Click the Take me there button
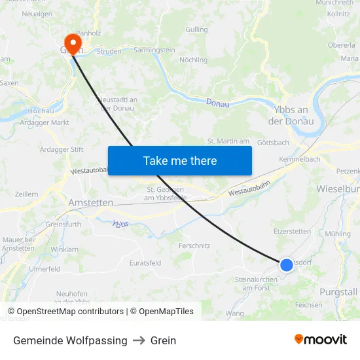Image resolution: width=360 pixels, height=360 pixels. (x=180, y=160)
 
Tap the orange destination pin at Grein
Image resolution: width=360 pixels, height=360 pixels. (x=71, y=45)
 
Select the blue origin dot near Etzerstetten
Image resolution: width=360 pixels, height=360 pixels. (x=287, y=264)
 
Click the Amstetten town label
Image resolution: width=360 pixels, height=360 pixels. (x=91, y=203)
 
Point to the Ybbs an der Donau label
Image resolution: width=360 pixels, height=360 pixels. (x=291, y=115)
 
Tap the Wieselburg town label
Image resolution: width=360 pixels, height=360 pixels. (x=337, y=189)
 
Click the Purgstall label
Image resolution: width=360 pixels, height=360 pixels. (x=339, y=291)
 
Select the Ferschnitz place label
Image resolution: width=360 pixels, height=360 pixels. (x=194, y=245)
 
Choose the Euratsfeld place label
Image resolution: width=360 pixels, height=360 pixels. (x=145, y=262)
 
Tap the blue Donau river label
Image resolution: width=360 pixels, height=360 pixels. (x=218, y=103)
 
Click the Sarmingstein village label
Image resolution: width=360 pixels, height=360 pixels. (x=154, y=50)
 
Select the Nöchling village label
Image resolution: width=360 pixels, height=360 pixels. (x=193, y=60)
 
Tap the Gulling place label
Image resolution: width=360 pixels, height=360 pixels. (x=196, y=29)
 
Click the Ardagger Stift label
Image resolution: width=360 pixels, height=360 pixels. (x=62, y=149)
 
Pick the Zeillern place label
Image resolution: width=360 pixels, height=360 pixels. (x=26, y=194)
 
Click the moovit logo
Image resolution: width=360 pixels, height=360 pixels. (x=320, y=340)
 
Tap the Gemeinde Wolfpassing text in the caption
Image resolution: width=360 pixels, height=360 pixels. (x=70, y=340)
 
